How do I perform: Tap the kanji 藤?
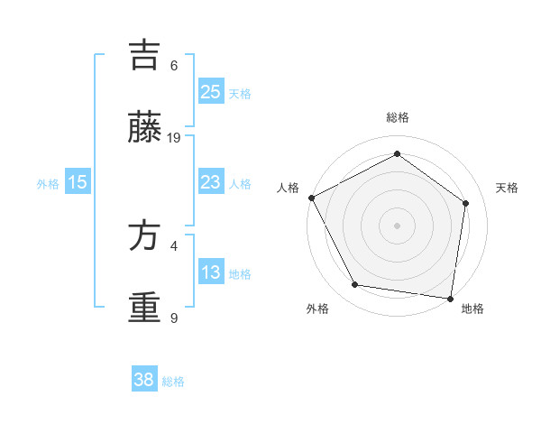tap(144, 128)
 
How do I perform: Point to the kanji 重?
tap(144, 308)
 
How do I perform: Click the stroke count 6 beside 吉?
tap(174, 66)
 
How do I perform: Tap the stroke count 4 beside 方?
tap(174, 245)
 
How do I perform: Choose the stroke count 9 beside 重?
tap(174, 318)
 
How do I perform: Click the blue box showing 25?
tap(210, 91)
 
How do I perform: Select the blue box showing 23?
tap(210, 182)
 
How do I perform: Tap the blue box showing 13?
tap(210, 272)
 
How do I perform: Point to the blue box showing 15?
tap(78, 182)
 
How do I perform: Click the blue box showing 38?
tap(143, 380)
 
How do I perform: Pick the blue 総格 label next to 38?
tap(173, 382)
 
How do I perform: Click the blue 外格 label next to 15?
tap(48, 184)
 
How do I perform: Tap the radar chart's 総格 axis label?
tap(398, 118)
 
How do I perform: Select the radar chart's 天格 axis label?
tap(508, 188)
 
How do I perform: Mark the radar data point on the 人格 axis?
tap(311, 198)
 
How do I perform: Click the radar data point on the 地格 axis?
tap(451, 298)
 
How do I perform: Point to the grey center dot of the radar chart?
tap(398, 226)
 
